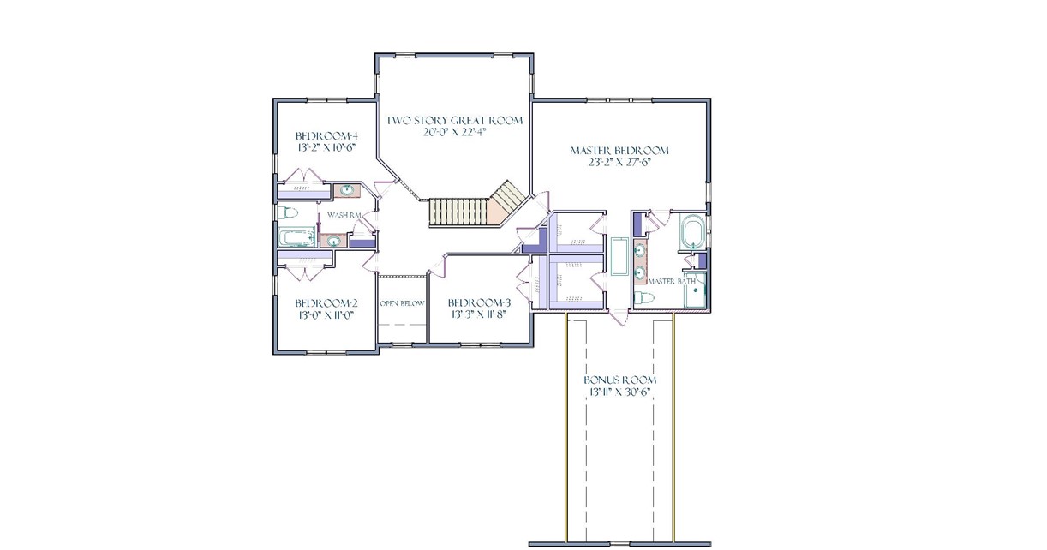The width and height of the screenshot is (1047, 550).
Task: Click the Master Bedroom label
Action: pyautogui.click(x=619, y=151)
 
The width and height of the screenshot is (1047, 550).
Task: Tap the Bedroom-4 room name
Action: pyautogui.click(x=326, y=135)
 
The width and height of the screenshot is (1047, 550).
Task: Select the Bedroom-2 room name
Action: pyautogui.click(x=326, y=303)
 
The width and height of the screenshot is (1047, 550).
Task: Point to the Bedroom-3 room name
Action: pyautogui.click(x=479, y=302)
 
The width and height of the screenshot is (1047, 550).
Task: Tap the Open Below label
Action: pyautogui.click(x=402, y=303)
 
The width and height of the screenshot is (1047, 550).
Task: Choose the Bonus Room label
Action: pyautogui.click(x=620, y=380)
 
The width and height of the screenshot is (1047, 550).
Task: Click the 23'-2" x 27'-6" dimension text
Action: pyautogui.click(x=619, y=163)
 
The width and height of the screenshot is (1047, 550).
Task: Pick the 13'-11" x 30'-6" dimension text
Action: pyautogui.click(x=620, y=392)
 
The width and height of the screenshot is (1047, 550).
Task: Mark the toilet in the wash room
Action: pyautogui.click(x=288, y=212)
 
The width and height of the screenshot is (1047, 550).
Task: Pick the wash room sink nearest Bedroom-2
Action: pyautogui.click(x=334, y=242)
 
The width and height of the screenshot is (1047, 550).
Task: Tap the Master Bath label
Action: pyautogui.click(x=672, y=281)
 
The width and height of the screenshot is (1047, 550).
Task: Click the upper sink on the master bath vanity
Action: pyautogui.click(x=640, y=251)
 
